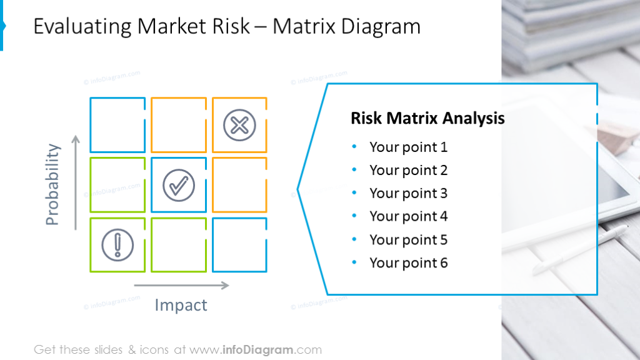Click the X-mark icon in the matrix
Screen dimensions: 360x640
(239, 125)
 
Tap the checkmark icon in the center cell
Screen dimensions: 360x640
(179, 185)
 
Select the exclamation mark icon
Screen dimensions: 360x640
(117, 244)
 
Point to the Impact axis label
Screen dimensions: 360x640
(181, 305)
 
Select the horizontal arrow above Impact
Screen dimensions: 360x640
(181, 286)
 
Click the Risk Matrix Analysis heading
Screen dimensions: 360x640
(427, 118)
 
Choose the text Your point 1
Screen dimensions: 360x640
(408, 147)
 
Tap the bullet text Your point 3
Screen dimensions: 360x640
(408, 194)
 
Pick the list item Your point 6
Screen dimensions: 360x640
(408, 263)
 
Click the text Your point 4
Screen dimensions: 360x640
(408, 217)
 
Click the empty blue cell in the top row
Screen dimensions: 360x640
(117, 125)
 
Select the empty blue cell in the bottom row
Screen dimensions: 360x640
(239, 244)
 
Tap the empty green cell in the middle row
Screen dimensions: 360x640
(117, 185)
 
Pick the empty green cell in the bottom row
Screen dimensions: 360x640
(179, 244)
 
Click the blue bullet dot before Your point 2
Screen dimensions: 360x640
(354, 171)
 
